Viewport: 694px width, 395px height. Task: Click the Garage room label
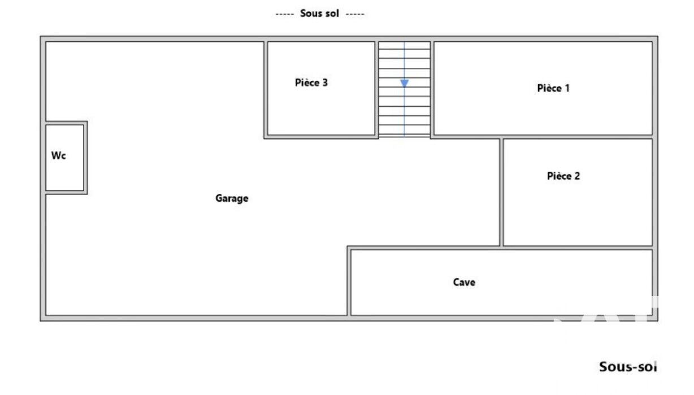(x=232, y=198)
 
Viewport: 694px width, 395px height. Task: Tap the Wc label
(x=59, y=155)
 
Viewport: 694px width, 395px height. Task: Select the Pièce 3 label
(x=311, y=83)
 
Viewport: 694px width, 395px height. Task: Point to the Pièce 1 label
(x=553, y=88)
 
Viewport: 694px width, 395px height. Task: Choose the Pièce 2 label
(x=563, y=176)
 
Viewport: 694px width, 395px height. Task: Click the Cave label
(x=464, y=282)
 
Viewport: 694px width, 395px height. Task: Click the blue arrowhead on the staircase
(x=404, y=83)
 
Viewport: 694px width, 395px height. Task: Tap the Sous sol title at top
(x=319, y=14)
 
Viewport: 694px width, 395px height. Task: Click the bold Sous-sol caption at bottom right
(x=628, y=367)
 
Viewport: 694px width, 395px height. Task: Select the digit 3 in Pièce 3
(x=325, y=83)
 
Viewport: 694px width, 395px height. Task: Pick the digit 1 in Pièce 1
(x=567, y=88)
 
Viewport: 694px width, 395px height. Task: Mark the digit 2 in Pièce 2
(x=577, y=176)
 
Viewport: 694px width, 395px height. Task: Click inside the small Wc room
(x=65, y=173)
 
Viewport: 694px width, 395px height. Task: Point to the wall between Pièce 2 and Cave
(x=578, y=248)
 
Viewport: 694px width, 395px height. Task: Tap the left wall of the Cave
(x=349, y=281)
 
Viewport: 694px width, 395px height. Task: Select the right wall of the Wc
(x=85, y=158)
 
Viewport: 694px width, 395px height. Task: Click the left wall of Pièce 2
(x=501, y=192)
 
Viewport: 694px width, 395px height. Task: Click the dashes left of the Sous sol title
(x=285, y=14)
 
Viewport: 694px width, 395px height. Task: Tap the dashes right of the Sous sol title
(x=355, y=14)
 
